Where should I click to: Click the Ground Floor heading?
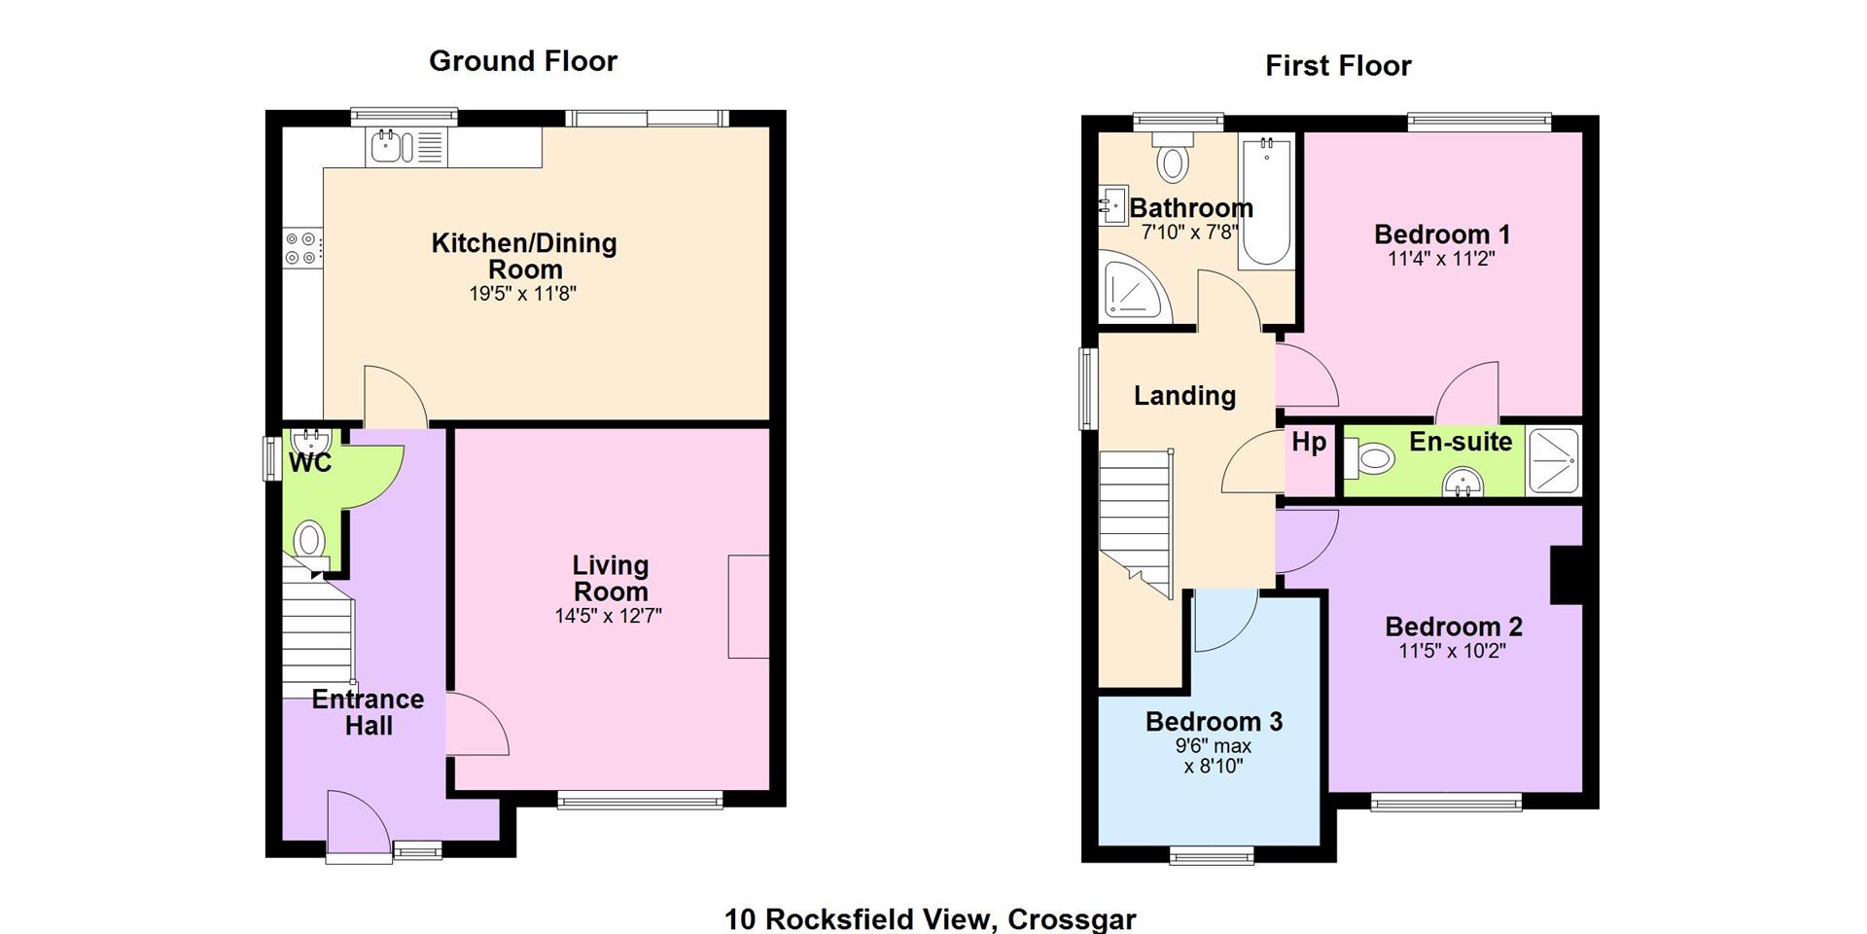(523, 61)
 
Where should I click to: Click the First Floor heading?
(1338, 66)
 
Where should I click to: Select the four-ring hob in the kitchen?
(300, 247)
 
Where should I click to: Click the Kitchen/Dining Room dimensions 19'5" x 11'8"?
(523, 293)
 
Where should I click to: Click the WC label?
(310, 463)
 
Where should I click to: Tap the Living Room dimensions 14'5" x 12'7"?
(609, 616)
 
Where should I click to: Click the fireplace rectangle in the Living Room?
(749, 606)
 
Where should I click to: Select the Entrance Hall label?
(369, 712)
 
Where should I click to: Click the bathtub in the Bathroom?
(1265, 201)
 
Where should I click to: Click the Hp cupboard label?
(1309, 443)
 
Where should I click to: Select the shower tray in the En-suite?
(1553, 459)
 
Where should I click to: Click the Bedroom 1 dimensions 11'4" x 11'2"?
(1441, 259)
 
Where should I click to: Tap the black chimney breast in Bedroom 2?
(1567, 575)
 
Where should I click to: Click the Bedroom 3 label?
(1214, 722)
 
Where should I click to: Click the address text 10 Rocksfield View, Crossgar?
(931, 919)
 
